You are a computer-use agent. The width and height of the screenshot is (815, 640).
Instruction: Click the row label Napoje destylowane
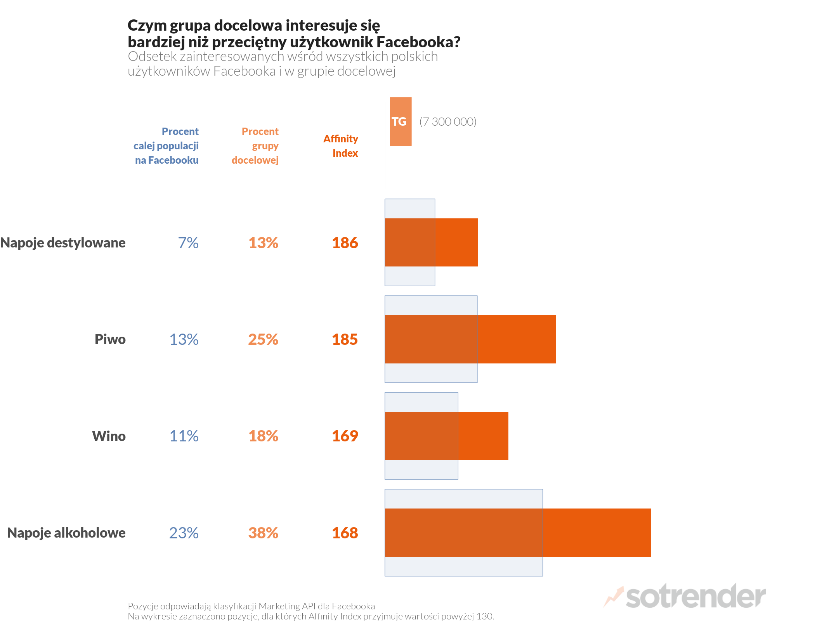(63, 243)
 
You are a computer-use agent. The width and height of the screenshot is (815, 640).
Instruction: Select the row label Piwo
(110, 339)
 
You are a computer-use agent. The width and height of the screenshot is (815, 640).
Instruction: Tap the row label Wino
(109, 436)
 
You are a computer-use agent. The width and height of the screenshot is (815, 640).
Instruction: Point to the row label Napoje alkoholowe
(66, 533)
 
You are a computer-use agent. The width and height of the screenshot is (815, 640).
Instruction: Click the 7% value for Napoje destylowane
(188, 243)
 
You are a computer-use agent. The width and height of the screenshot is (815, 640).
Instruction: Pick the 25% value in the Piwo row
(263, 339)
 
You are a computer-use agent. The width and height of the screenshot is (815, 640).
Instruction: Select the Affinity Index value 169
(345, 436)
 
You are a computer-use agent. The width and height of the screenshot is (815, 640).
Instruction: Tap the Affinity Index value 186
(345, 243)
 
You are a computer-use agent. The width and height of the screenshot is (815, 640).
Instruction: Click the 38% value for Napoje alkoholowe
(263, 533)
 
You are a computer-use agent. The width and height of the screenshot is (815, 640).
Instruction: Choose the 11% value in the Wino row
(184, 436)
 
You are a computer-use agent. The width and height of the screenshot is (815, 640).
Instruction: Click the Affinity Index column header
(341, 146)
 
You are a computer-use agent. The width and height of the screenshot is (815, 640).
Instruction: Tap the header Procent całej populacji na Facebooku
(167, 146)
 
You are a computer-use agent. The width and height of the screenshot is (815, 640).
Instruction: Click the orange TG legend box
(401, 121)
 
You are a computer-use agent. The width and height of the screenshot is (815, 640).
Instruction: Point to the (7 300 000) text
(448, 122)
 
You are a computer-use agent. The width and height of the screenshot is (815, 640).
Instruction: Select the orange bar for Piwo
(516, 339)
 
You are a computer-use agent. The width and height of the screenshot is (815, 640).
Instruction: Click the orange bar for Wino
(483, 436)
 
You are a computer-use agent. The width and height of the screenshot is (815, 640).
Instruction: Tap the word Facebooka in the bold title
(418, 42)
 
